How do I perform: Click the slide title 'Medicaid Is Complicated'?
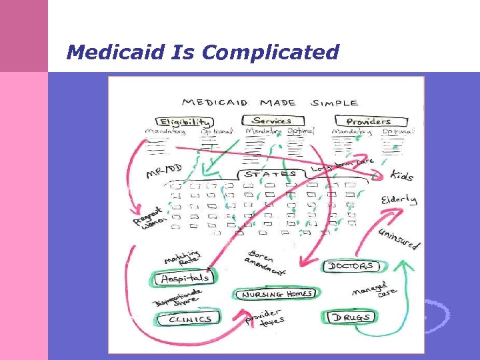203,51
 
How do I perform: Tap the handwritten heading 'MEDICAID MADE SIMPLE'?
269,103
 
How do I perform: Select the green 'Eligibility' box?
185,122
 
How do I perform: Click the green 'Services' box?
271,121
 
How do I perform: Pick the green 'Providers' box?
368,121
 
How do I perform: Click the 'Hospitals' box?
185,277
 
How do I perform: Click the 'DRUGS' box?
352,317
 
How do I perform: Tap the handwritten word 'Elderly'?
399,199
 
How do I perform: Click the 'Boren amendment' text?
266,263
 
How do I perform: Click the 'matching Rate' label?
182,257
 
